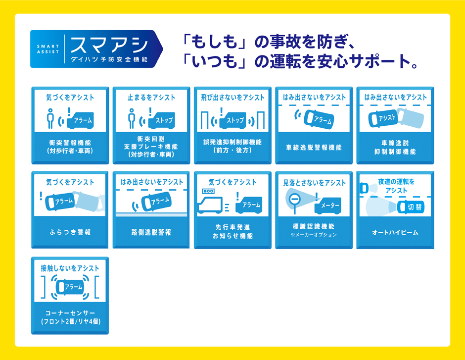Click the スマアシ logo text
(109, 45)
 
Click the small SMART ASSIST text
(48, 49)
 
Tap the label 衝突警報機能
(70, 143)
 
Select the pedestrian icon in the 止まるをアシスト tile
(132, 118)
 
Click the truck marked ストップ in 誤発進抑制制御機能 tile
(233, 120)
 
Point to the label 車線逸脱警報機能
(314, 148)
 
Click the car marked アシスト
(383, 118)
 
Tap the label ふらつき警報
(70, 232)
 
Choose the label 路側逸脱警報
(151, 232)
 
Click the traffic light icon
(208, 191)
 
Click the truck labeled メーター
(327, 206)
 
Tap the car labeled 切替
(411, 207)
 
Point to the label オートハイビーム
(395, 232)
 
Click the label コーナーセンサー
(70, 313)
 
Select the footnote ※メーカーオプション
(314, 235)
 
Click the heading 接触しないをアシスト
(70, 268)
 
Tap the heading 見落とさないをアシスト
(314, 183)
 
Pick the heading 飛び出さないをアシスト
(233, 97)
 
